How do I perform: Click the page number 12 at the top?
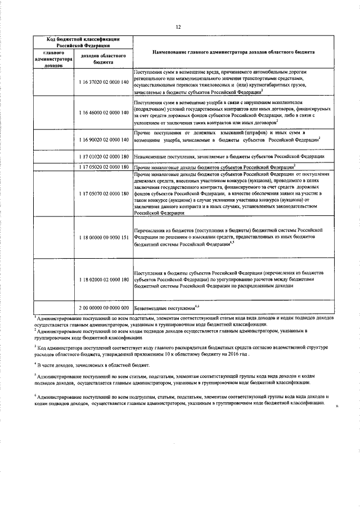178,26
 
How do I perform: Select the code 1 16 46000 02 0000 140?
105,112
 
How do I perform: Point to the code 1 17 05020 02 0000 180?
105,167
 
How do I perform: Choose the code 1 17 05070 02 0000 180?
105,194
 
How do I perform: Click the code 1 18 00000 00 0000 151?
105,237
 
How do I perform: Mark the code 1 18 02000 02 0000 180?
105,280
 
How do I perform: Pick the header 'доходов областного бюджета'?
105,58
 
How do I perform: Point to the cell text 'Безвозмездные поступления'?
164,308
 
